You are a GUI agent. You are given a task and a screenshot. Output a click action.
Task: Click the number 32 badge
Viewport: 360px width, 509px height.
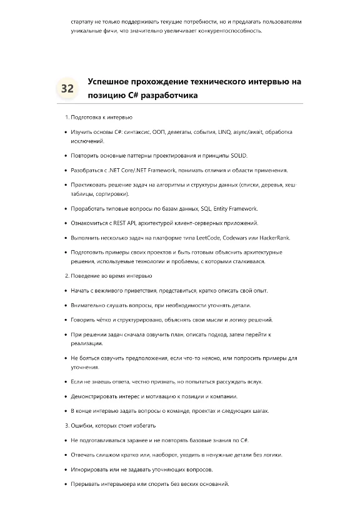pyautogui.click(x=67, y=88)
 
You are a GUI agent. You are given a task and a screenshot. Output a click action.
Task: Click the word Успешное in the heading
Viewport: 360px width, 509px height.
pyautogui.click(x=112, y=82)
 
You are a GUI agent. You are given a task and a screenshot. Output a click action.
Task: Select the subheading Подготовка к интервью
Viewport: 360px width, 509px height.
pyautogui.click(x=100, y=118)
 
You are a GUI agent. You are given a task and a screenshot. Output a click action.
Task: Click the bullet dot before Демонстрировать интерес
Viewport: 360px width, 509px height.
pyautogui.click(x=66, y=396)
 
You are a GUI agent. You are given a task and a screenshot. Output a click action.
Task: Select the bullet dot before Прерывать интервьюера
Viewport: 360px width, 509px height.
pyautogui.click(x=66, y=484)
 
